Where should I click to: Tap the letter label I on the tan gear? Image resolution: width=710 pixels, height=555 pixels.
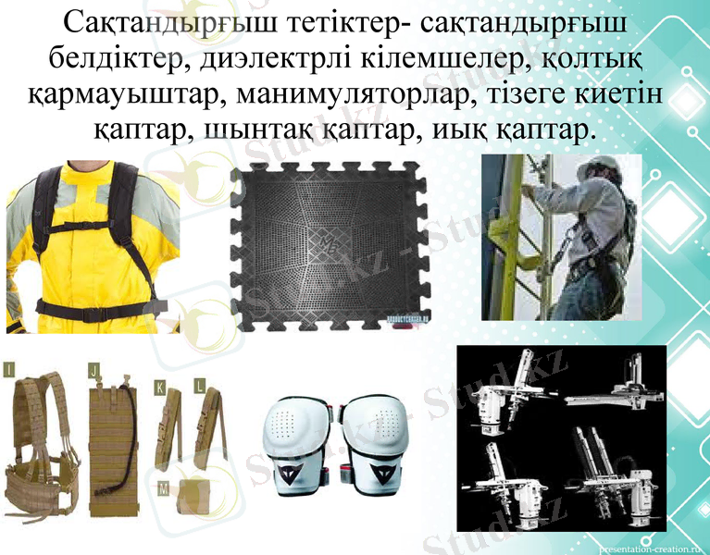(x=9, y=371)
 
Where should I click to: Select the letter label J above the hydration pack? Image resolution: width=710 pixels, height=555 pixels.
(x=93, y=371)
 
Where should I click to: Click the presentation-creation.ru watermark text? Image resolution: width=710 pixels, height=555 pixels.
(x=652, y=546)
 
